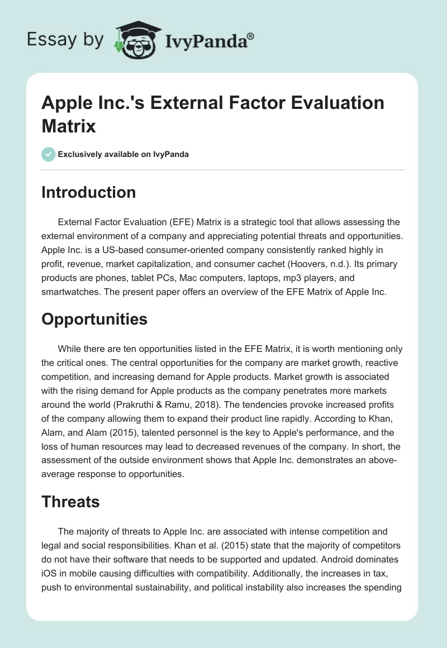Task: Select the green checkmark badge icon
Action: click(49, 154)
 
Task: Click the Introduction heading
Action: click(88, 192)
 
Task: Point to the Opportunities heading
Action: click(94, 319)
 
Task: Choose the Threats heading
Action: click(70, 502)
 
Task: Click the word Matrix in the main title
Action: click(69, 126)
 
